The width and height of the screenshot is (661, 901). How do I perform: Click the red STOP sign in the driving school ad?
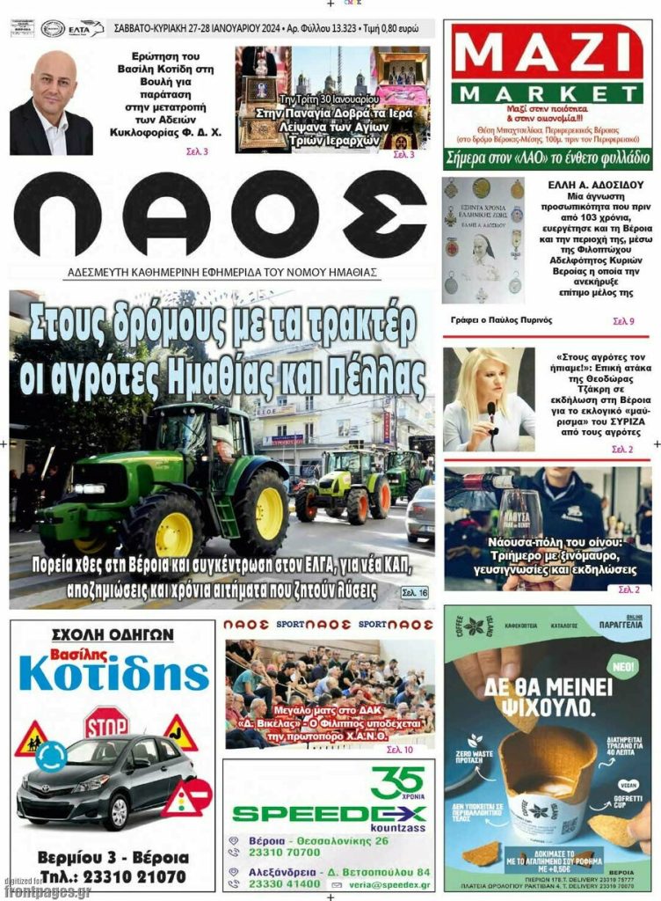105,723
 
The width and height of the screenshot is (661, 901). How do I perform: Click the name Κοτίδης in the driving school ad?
113,674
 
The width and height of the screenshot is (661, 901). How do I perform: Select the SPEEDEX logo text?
329,812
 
